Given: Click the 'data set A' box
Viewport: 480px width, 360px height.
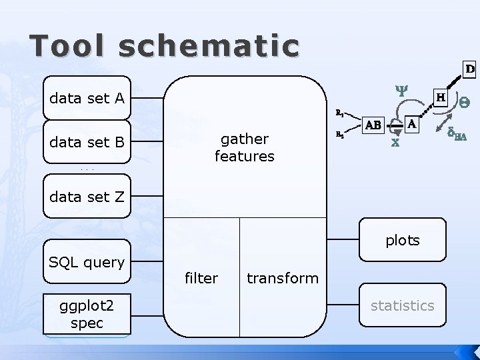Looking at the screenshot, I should pyautogui.click(x=87, y=99).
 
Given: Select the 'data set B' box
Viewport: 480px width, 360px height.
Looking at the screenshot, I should pyautogui.click(x=87, y=141).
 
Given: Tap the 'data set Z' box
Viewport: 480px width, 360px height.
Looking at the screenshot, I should pyautogui.click(x=87, y=196).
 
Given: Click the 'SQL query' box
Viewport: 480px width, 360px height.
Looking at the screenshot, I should pyautogui.click(x=87, y=263).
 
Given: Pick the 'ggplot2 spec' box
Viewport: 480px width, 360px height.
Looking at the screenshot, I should pyautogui.click(x=87, y=314).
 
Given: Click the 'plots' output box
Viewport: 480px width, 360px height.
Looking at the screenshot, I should pyautogui.click(x=402, y=240).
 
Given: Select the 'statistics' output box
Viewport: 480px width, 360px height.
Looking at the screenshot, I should pyautogui.click(x=402, y=305).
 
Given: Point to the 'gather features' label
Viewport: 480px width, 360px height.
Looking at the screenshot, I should pyautogui.click(x=244, y=147).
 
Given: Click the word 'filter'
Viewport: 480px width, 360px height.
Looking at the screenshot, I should pyautogui.click(x=201, y=278).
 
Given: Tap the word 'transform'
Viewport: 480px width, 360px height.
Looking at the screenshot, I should pyautogui.click(x=283, y=278).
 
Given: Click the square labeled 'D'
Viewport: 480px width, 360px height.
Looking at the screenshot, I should pyautogui.click(x=469, y=69).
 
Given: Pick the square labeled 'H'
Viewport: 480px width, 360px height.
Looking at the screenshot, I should pyautogui.click(x=441, y=97).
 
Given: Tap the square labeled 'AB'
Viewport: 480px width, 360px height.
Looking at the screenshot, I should pyautogui.click(x=373, y=125).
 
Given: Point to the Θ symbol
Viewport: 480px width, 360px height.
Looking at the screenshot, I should pyautogui.click(x=464, y=102).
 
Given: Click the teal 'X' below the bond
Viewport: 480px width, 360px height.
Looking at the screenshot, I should pyautogui.click(x=395, y=142).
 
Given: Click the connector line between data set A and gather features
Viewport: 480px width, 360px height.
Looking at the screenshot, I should pyautogui.click(x=147, y=99).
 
